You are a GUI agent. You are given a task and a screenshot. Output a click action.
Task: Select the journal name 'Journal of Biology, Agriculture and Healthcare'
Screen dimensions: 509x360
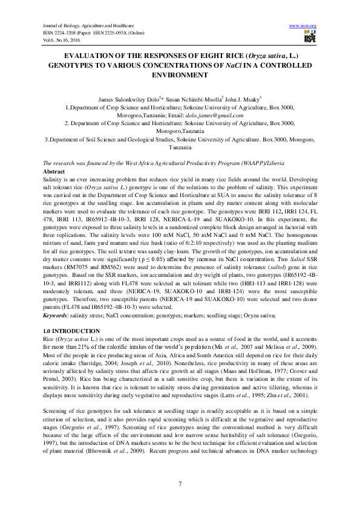(x=82, y=26)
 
